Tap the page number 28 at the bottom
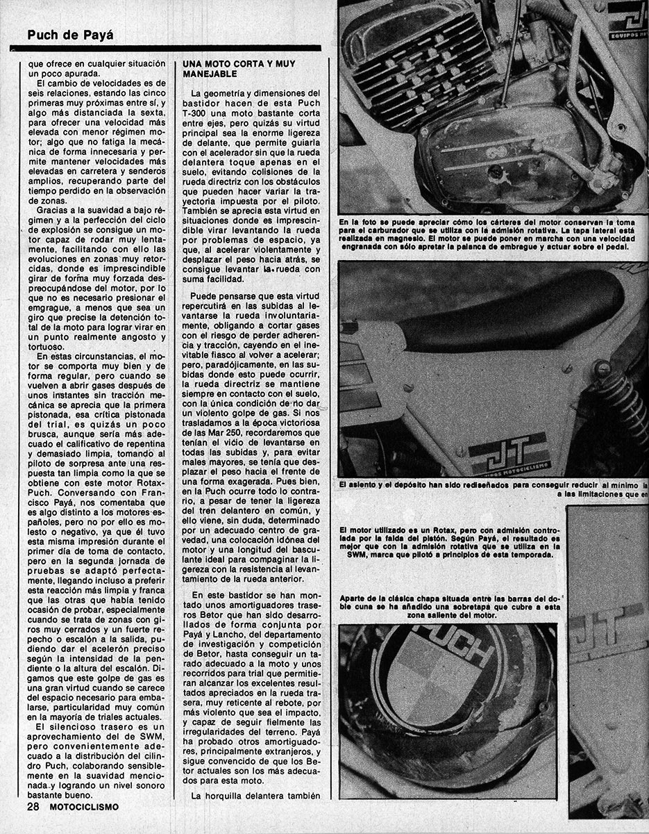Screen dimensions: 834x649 (x=33, y=806)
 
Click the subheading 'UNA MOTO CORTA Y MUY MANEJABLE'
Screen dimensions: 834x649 (x=239, y=68)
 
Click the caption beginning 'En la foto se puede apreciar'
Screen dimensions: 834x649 (x=493, y=234)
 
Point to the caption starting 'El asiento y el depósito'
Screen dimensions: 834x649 (x=494, y=489)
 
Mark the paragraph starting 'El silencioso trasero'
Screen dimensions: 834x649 (x=96, y=761)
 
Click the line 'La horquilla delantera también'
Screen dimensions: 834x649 (x=256, y=796)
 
